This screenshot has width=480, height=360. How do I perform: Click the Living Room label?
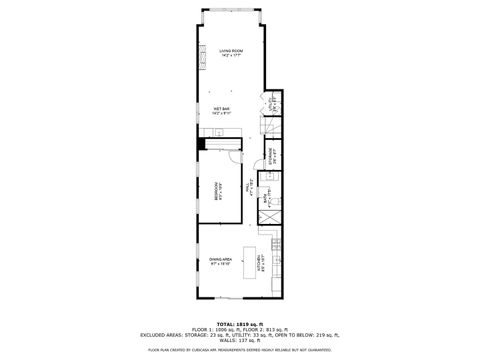pos(231,51)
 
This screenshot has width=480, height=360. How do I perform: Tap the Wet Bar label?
pos(220,110)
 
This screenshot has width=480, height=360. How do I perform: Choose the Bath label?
pos(265,196)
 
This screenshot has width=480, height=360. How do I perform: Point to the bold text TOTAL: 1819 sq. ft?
pos(239,324)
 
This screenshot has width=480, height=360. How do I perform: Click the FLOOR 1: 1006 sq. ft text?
pos(214,329)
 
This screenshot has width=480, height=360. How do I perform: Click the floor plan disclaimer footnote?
pos(239,350)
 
